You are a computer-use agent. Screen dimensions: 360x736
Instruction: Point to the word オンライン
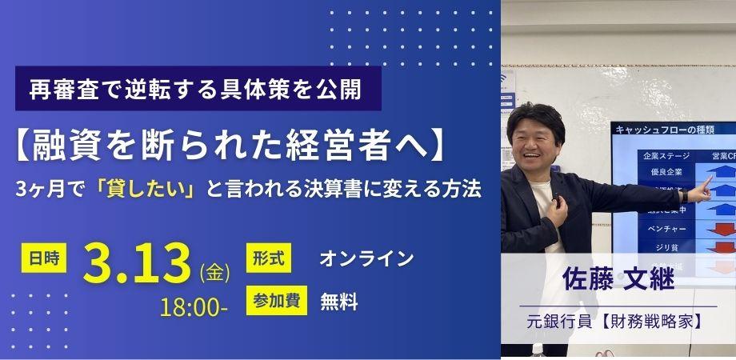point(366,258)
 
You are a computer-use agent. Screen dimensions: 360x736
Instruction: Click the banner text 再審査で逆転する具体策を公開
point(198,89)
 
